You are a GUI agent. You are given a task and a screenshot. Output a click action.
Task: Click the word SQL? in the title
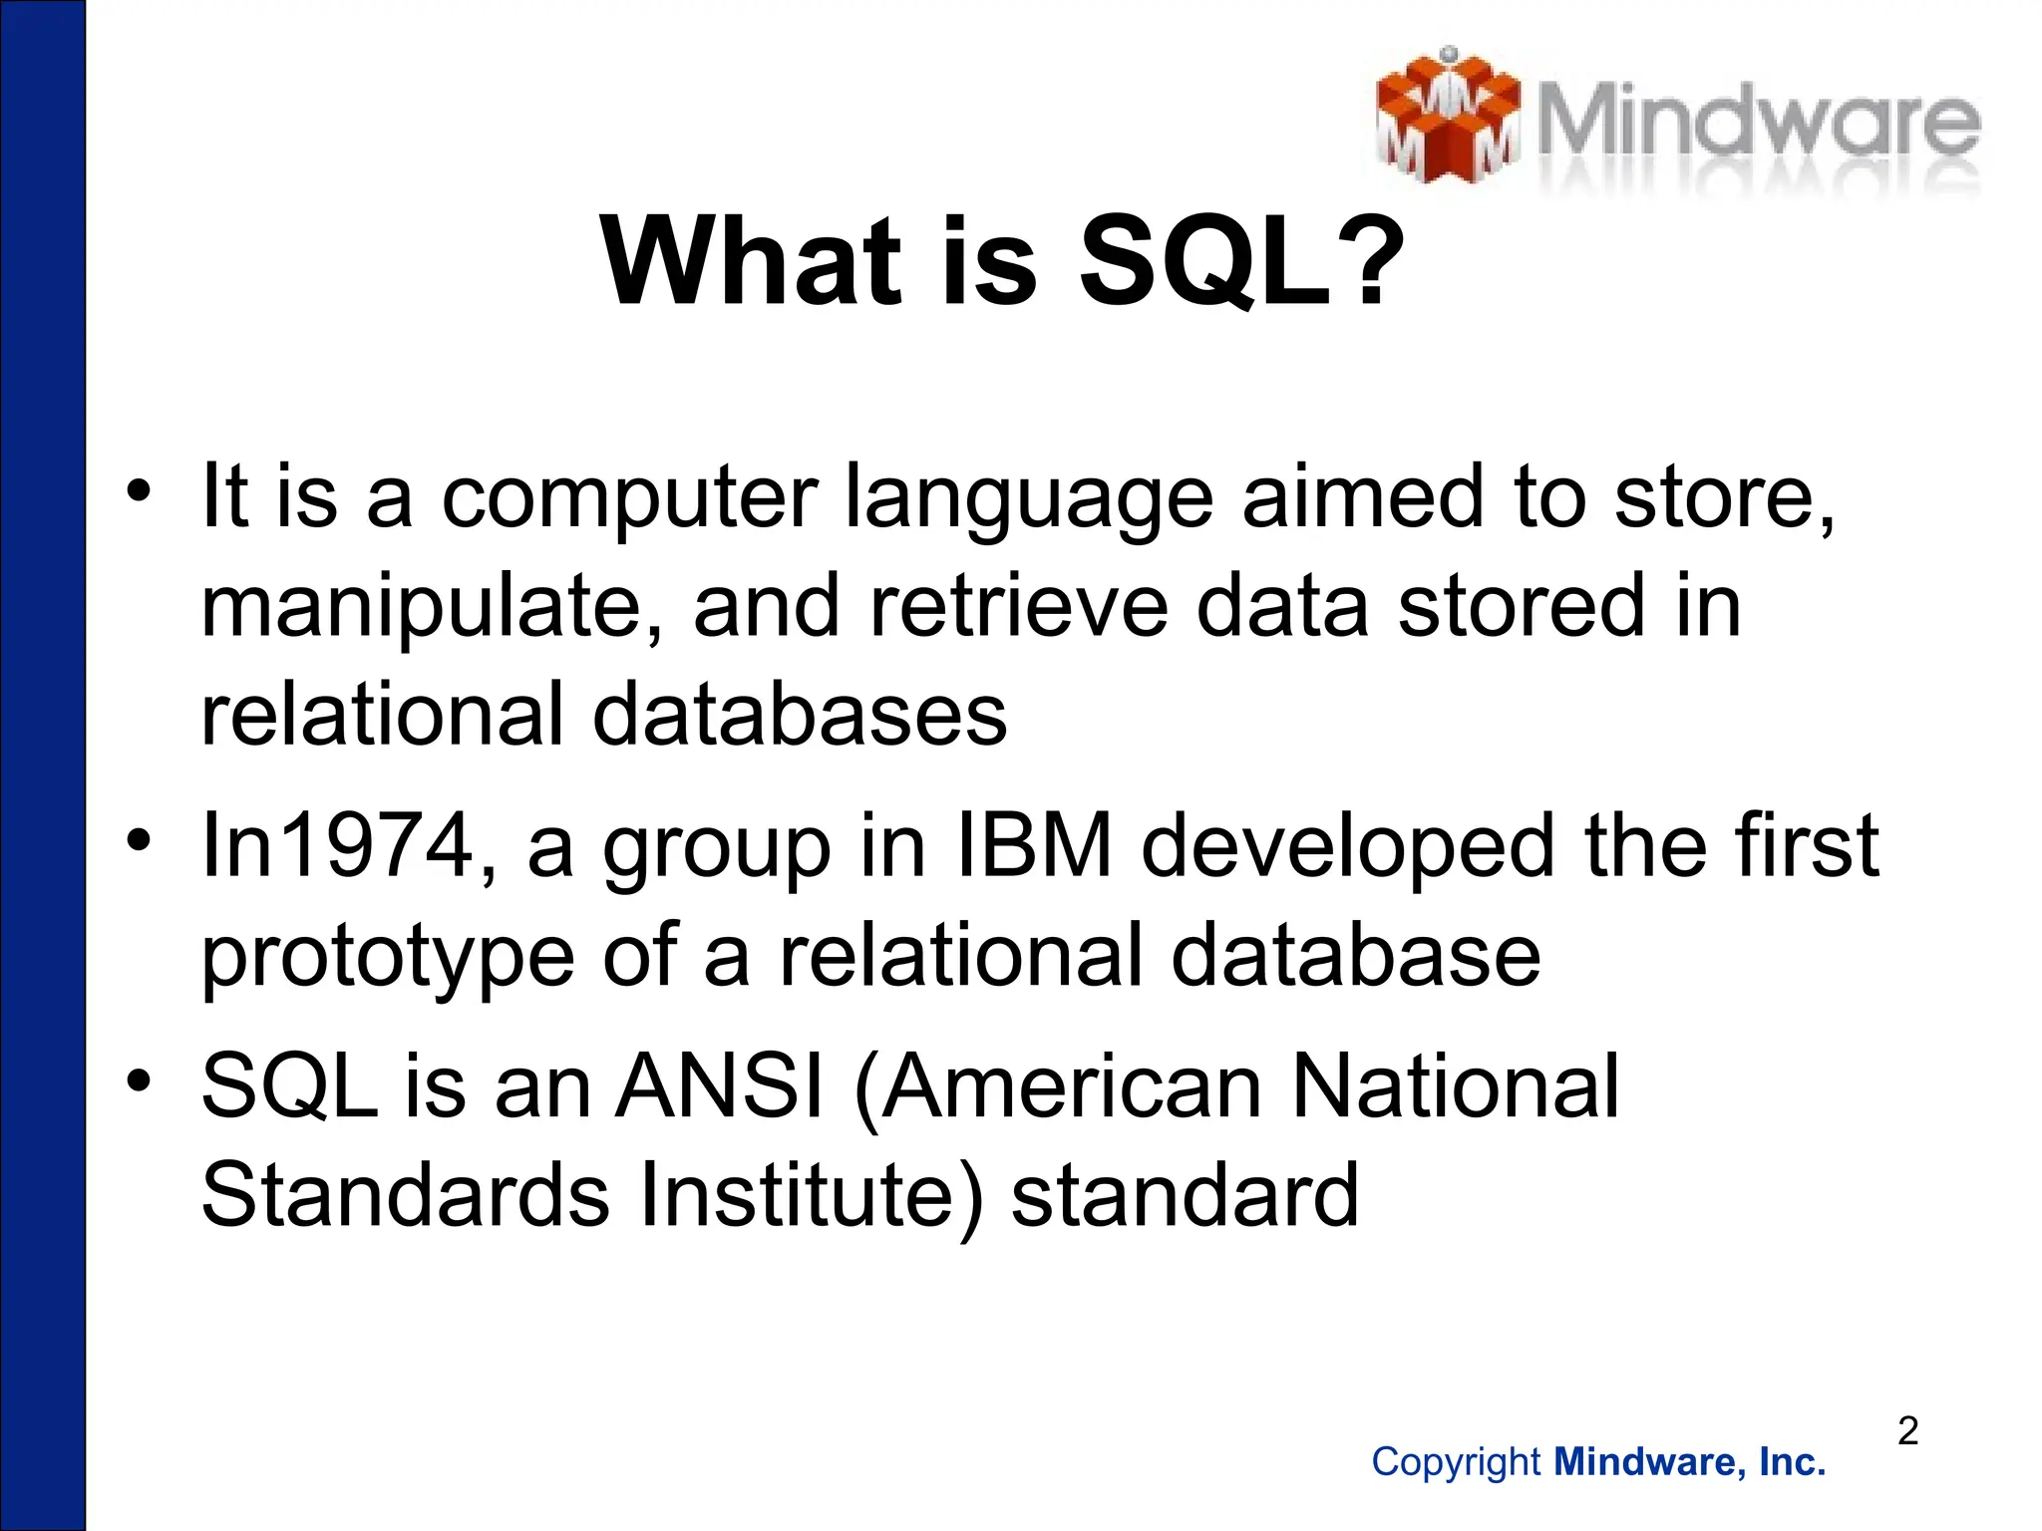coord(1240,263)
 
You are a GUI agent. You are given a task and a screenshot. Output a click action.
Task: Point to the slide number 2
coord(1907,1431)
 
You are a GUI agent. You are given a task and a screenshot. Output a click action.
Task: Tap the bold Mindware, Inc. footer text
coord(1690,1462)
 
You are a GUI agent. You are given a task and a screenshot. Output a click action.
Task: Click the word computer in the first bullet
coord(629,498)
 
